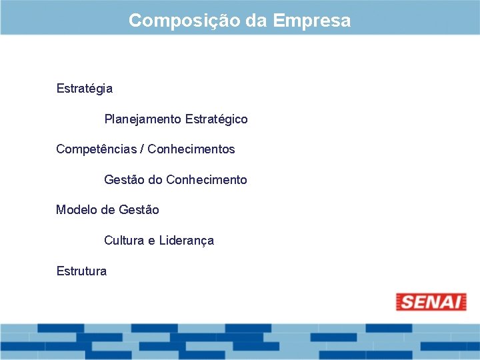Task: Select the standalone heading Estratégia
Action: pos(85,89)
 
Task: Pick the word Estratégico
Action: pos(217,119)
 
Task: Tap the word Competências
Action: pos(96,149)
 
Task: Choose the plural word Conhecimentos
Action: pos(191,149)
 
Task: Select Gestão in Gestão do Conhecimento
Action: pos(124,180)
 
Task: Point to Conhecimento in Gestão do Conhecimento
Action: pos(207,180)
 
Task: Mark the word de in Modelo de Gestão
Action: pos(108,210)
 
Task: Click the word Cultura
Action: pos(124,241)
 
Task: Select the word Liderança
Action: pos(186,241)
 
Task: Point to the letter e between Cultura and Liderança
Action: pos(151,241)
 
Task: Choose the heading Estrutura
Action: pos(81,271)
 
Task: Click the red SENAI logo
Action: pos(431,302)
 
